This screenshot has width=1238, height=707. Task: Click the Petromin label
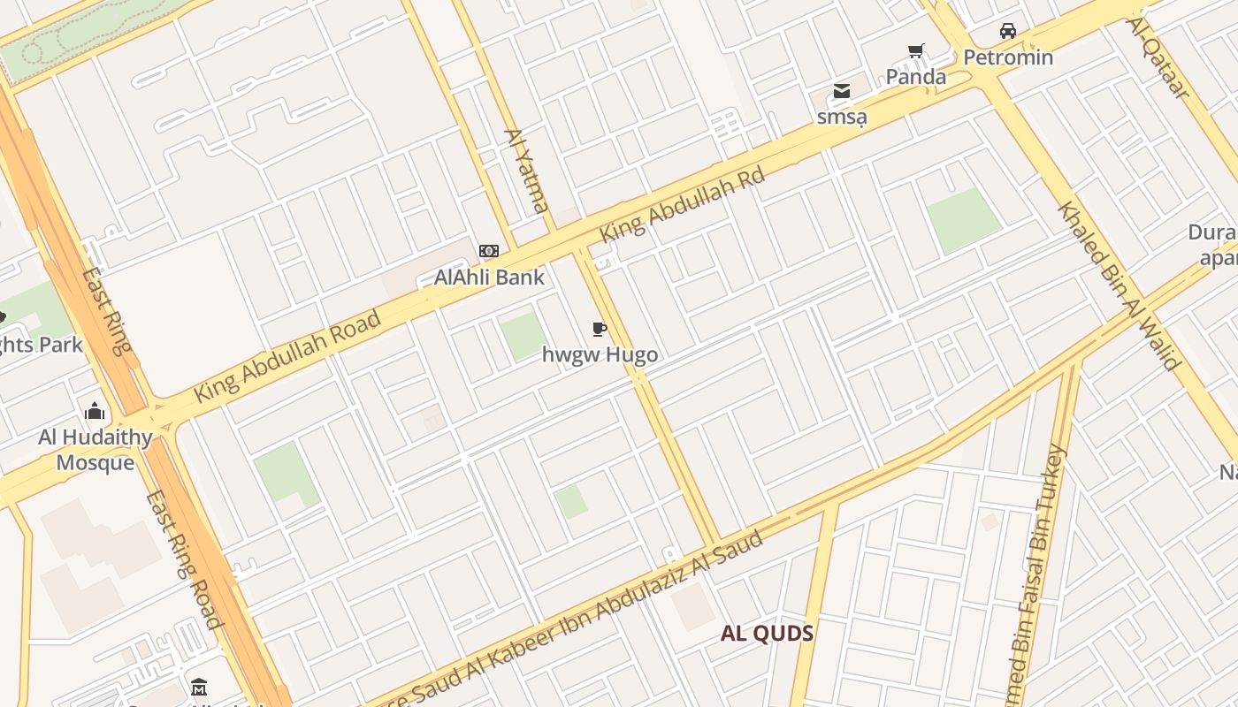coord(1008,58)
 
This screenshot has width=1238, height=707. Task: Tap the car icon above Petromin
coord(1007,32)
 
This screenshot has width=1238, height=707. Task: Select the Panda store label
coord(916,77)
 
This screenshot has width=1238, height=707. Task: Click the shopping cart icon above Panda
coord(915,51)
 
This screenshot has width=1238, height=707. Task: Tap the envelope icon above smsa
coord(841,91)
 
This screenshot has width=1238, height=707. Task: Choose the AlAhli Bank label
coord(489,277)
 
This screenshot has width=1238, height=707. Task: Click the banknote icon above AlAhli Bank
coord(489,251)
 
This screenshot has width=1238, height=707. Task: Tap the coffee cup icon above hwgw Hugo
coord(600,330)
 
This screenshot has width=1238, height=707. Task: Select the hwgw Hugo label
coord(600,355)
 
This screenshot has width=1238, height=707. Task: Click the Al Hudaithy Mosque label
coord(96,450)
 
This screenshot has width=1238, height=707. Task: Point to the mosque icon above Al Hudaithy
coord(95,411)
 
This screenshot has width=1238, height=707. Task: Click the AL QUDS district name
coord(767,634)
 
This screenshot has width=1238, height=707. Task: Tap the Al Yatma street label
coord(526,171)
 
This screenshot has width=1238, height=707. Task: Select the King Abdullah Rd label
coord(681,207)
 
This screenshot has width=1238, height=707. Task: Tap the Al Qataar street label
coord(1158,57)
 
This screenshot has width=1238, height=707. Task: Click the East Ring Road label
coord(181,559)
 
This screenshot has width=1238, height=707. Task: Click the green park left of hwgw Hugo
coord(523,336)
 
